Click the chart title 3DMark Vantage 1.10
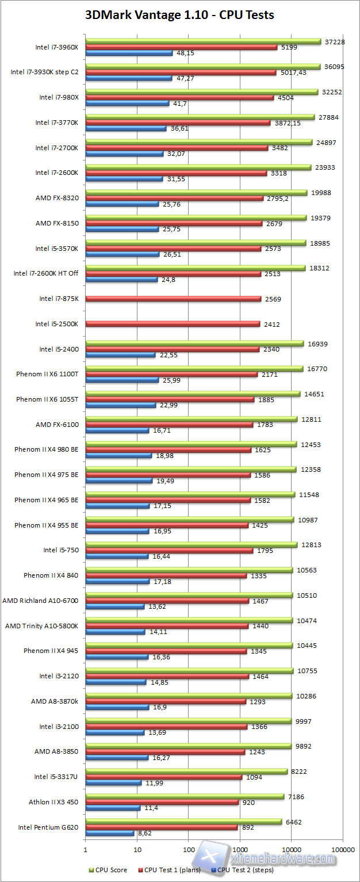[x=179, y=15]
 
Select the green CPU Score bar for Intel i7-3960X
[x=202, y=41]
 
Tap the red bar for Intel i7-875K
[x=173, y=299]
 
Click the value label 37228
[x=335, y=41]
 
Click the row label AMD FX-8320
[x=57, y=198]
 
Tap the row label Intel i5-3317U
[x=56, y=777]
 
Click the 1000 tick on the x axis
[x=240, y=849]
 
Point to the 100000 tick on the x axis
[x=343, y=849]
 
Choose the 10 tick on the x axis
[x=137, y=849]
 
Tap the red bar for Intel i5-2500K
[x=172, y=324]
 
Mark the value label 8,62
[x=144, y=833]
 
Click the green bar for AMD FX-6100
[x=191, y=418]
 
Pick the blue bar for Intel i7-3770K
[x=125, y=128]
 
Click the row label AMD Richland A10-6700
[x=40, y=600]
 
